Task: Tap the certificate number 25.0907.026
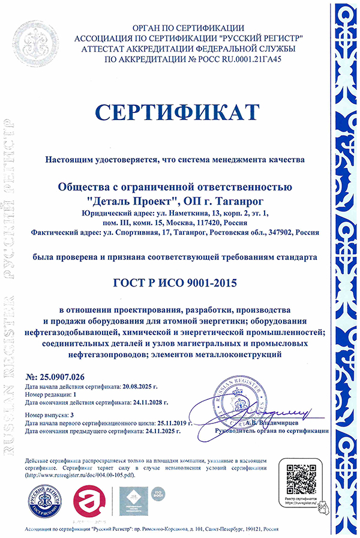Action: pyautogui.click(x=62, y=376)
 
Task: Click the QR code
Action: pyautogui.click(x=300, y=477)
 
